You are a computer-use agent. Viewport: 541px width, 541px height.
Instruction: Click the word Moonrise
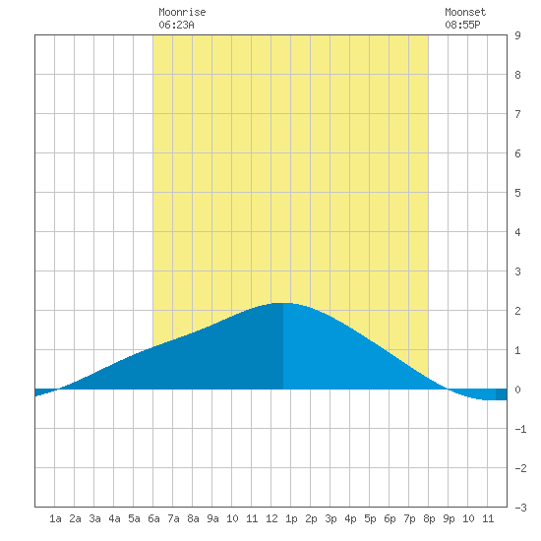coord(182,12)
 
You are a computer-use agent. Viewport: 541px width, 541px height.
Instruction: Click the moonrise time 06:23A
coord(176,25)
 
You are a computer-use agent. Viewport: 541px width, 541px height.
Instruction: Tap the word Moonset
coord(465,12)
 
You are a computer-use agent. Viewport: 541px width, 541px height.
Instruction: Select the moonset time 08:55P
coord(462,25)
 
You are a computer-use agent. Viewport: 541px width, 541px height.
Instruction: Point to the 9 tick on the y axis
coord(517,35)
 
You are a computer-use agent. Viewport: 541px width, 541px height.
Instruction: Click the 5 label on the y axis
coord(517,193)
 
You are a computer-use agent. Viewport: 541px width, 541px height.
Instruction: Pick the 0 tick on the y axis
coord(517,390)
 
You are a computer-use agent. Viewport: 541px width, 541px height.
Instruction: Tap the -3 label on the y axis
coord(520,508)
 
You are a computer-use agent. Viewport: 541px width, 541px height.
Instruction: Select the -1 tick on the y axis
coord(520,429)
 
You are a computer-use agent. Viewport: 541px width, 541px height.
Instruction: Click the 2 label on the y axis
coord(517,311)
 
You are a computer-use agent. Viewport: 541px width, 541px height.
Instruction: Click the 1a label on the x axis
coord(55,518)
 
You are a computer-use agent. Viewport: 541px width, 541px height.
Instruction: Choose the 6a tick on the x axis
coord(153,518)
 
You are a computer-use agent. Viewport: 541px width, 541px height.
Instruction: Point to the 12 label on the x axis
coord(271,518)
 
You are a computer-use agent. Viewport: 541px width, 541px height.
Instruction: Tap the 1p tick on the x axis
coord(291,518)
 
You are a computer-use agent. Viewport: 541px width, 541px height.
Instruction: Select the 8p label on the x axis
coord(429,518)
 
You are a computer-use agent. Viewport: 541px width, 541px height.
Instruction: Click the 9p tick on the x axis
coord(449,518)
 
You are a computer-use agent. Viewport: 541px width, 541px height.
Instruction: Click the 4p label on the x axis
coord(350,518)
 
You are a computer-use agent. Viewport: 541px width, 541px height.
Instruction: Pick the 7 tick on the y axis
coord(517,114)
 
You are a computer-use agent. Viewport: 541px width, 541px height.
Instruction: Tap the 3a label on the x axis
coord(94,518)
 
